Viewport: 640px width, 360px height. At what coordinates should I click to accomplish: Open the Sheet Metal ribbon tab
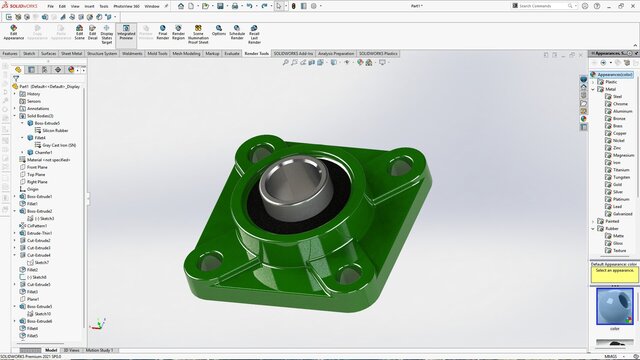coord(72,53)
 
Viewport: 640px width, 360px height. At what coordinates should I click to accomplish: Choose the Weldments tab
coord(132,53)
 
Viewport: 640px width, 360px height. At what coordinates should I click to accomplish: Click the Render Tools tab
coord(256,53)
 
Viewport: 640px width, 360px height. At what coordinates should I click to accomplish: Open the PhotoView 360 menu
coord(125,5)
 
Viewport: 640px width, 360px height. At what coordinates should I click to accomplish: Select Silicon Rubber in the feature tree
coord(55,130)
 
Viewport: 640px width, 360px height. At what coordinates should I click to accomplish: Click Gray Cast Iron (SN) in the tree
coord(61,145)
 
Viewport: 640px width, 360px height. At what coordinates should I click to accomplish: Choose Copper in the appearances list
coord(619,133)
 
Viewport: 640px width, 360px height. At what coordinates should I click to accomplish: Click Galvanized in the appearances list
coord(623,213)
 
